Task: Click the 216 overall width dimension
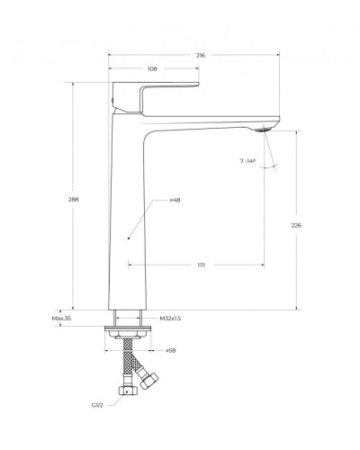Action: [201, 55]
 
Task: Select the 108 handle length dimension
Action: [152, 68]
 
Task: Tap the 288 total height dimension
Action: [73, 199]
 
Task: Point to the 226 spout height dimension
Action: [296, 225]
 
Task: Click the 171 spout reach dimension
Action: [202, 265]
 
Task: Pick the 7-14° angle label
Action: [247, 161]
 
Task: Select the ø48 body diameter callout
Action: [175, 200]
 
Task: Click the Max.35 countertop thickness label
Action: [61, 319]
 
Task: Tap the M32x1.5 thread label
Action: [170, 319]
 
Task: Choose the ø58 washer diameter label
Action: [171, 350]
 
